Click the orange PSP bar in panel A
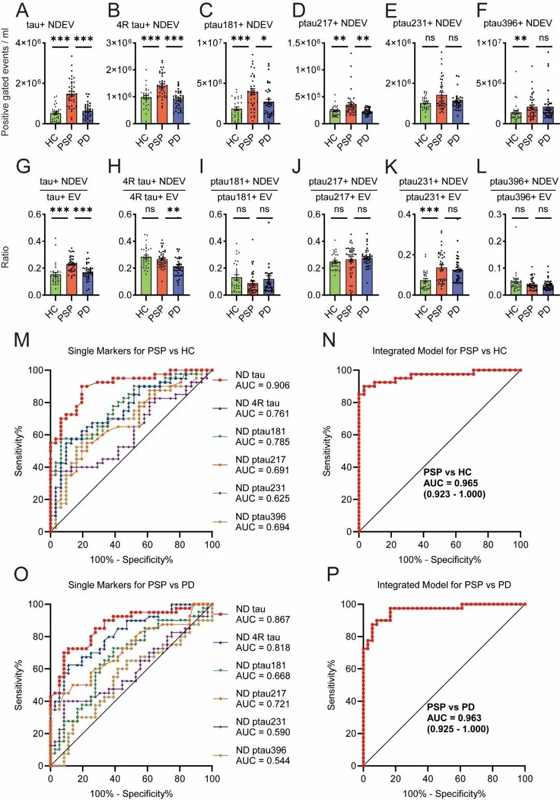(x=72, y=109)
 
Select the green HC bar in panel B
(x=146, y=110)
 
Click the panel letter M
(x=21, y=340)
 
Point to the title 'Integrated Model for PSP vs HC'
(x=439, y=351)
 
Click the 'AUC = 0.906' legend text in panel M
(x=262, y=385)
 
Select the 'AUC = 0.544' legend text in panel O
(x=263, y=761)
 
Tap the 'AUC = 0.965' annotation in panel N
(x=451, y=483)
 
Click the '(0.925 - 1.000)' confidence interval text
(x=458, y=729)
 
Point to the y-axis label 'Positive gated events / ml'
(x=6, y=83)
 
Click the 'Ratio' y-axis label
(x=6, y=257)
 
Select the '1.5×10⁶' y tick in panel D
(x=304, y=43)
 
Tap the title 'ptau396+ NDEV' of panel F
(x=517, y=23)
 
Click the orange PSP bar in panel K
(x=441, y=282)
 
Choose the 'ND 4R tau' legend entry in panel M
(x=257, y=403)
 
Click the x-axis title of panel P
(x=444, y=794)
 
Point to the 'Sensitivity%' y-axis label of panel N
(x=327, y=451)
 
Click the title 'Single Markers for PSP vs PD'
(x=131, y=585)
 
